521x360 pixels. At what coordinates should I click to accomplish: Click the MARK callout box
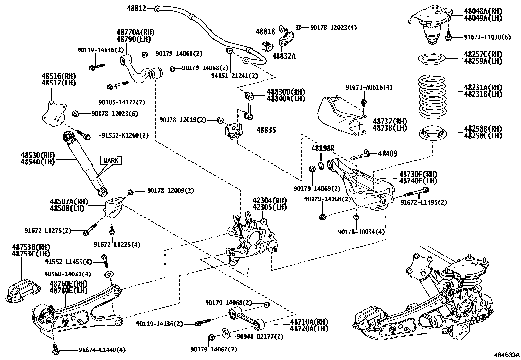[x=111, y=161]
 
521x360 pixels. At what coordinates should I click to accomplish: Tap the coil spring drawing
[x=433, y=97]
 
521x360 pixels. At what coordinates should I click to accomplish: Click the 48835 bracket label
[x=266, y=130]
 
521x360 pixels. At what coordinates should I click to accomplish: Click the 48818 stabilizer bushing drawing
[x=267, y=47]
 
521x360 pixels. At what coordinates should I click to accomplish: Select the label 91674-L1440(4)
[x=102, y=350]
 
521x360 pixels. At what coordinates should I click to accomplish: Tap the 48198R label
[x=323, y=148]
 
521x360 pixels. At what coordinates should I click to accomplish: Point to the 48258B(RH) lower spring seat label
[x=483, y=129]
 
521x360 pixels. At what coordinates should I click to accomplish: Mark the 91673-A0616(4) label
[x=369, y=87]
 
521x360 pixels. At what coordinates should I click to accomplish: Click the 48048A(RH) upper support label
[x=483, y=11]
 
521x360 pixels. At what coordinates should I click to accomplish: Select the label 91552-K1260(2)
[x=125, y=135]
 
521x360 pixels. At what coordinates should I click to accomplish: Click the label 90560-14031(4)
[x=68, y=274]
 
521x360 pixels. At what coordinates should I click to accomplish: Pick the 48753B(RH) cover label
[x=31, y=247]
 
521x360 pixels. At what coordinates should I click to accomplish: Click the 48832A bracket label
[x=284, y=56]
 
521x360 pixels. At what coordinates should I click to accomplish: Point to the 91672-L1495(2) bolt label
[x=423, y=202]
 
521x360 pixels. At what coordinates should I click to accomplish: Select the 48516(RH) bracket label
[x=58, y=76]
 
